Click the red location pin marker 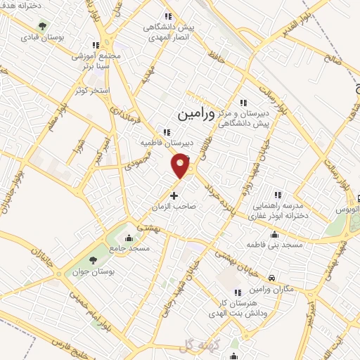(181, 165)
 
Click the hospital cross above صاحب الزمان (174, 195)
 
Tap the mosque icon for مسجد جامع (128, 237)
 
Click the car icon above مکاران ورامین (272, 276)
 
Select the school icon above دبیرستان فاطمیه (166, 131)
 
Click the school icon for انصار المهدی (167, 17)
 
